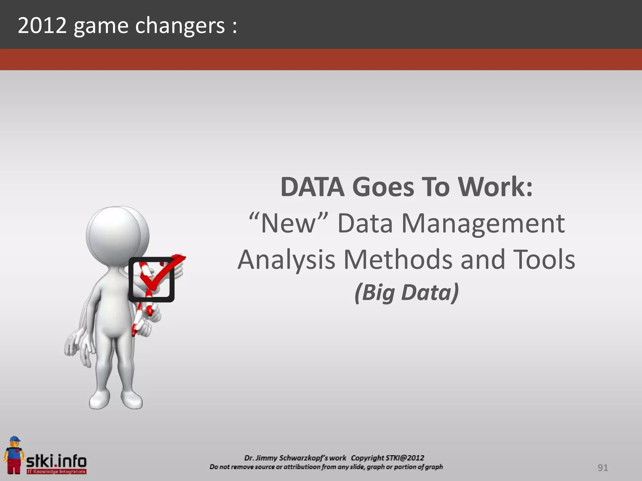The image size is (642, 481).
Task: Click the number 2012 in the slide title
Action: (x=42, y=26)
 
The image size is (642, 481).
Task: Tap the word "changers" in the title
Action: (x=180, y=26)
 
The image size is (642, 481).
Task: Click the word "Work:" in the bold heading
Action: (x=495, y=187)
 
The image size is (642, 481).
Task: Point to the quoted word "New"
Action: (x=288, y=223)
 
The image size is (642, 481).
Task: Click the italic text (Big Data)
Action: (x=407, y=292)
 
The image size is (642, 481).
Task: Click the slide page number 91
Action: (x=603, y=468)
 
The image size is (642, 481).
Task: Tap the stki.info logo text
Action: (x=56, y=461)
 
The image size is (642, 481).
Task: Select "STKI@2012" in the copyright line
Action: (x=405, y=458)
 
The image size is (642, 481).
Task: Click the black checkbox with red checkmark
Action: (x=152, y=279)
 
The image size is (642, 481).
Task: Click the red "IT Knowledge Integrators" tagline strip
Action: (x=56, y=471)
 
